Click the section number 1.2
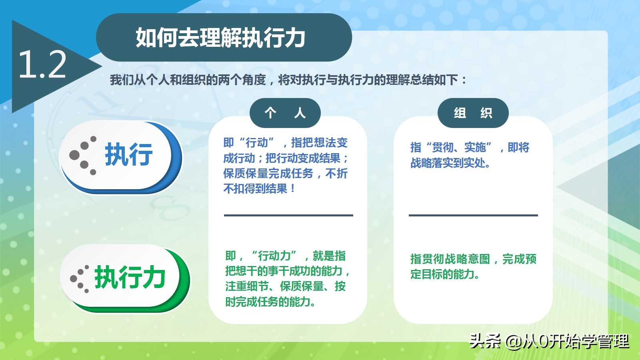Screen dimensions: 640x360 point(42,64)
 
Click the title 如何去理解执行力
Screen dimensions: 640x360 point(220,38)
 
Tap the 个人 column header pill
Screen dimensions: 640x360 point(285,113)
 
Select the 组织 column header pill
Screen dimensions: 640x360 point(473,113)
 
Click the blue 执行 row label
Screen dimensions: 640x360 point(129,154)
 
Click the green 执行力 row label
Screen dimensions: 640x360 point(130,277)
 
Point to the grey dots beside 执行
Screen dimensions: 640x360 point(83,156)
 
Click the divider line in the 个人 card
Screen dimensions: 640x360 point(288,215)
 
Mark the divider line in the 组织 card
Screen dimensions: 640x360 point(473,215)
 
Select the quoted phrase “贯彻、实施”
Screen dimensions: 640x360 point(458,147)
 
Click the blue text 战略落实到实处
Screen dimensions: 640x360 point(450,163)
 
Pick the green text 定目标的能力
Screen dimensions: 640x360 point(444,274)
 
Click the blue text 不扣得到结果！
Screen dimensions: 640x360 point(259,188)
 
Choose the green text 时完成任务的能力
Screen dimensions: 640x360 point(270,302)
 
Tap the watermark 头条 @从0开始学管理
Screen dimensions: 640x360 point(549,341)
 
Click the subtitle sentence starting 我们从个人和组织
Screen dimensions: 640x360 point(288,80)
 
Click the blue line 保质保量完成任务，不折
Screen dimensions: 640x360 point(285,173)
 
